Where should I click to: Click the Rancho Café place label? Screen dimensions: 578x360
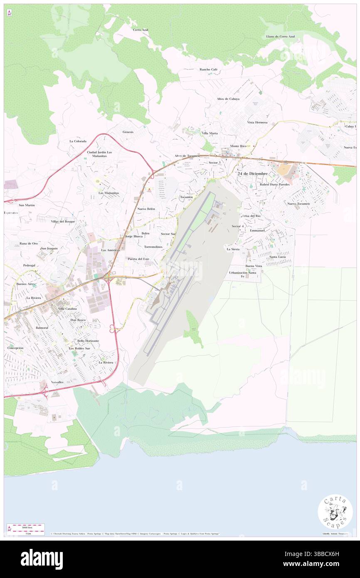pyautogui.click(x=208, y=69)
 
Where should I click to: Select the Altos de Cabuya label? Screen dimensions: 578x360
pyautogui.click(x=228, y=99)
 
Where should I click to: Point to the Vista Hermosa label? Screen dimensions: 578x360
pyautogui.click(x=257, y=122)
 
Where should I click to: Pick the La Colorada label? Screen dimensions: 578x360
pyautogui.click(x=78, y=141)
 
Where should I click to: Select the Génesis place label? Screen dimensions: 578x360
pyautogui.click(x=128, y=132)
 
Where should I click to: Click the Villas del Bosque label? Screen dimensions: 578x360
pyautogui.click(x=63, y=222)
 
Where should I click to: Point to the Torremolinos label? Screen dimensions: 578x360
pyautogui.click(x=153, y=247)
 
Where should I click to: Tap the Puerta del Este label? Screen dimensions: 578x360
pyautogui.click(x=138, y=259)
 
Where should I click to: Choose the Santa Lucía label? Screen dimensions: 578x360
pyautogui.click(x=278, y=257)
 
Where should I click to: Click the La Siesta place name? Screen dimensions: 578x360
pyautogui.click(x=233, y=249)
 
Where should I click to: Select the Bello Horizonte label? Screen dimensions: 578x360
pyautogui.click(x=88, y=341)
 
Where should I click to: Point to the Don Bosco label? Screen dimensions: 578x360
pyautogui.click(x=78, y=320)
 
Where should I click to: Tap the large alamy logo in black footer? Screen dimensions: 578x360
pyautogui.click(x=42, y=559)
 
